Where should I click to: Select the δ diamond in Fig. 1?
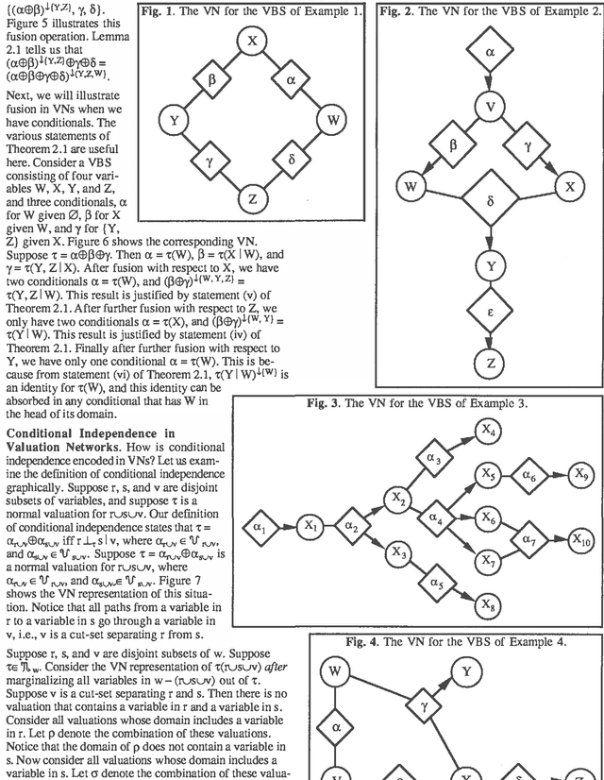pos(292,161)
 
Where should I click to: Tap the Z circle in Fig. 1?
pos(252,199)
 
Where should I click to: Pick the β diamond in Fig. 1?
pos(212,79)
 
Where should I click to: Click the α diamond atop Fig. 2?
pos(490,53)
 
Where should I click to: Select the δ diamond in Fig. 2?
pos(490,200)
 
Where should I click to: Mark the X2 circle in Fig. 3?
pos(400,498)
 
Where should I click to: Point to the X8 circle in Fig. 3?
pos(488,604)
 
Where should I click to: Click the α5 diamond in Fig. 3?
pos(438,583)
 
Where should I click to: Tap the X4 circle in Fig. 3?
pos(487,432)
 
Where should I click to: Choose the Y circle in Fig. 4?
pos(465,671)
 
